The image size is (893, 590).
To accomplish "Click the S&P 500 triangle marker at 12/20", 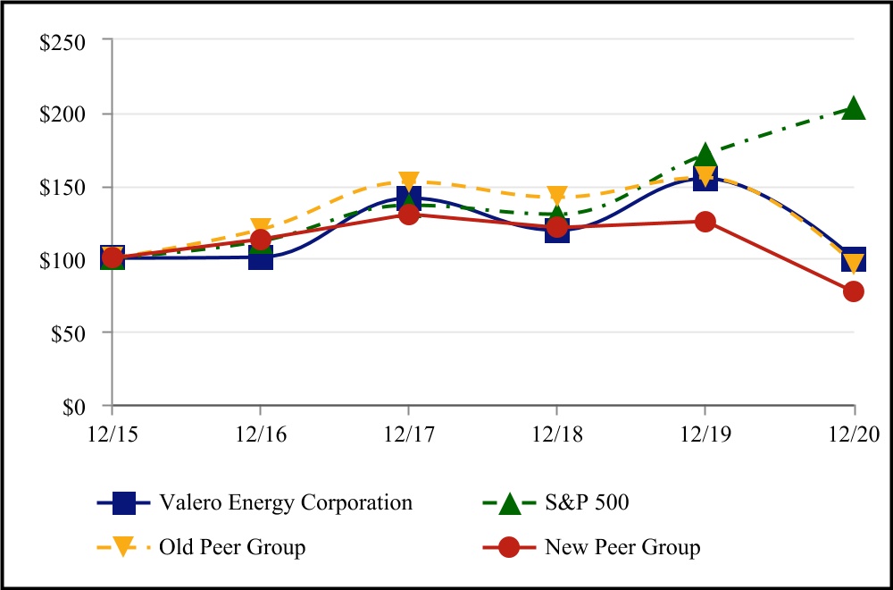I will click(x=854, y=109).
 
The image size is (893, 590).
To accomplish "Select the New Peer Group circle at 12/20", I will click(x=854, y=291).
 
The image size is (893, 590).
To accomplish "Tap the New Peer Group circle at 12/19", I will click(x=705, y=222).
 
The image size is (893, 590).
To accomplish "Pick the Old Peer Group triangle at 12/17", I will click(x=409, y=182).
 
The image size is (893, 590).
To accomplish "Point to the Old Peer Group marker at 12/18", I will click(x=557, y=196).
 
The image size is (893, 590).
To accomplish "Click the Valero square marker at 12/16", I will click(x=261, y=258).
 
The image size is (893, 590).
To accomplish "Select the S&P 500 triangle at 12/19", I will click(x=705, y=155).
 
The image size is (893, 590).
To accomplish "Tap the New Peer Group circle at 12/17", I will click(x=409, y=215).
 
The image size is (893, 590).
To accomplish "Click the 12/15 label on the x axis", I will click(x=113, y=434).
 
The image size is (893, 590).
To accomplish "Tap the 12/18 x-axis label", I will click(x=557, y=434).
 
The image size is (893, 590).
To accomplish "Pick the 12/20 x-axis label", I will click(x=854, y=434).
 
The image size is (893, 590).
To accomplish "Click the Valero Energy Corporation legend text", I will click(x=285, y=502).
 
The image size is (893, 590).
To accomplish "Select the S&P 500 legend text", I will click(x=587, y=502).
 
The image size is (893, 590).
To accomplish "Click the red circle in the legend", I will click(x=509, y=547).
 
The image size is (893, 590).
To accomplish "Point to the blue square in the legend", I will click(x=125, y=502).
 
